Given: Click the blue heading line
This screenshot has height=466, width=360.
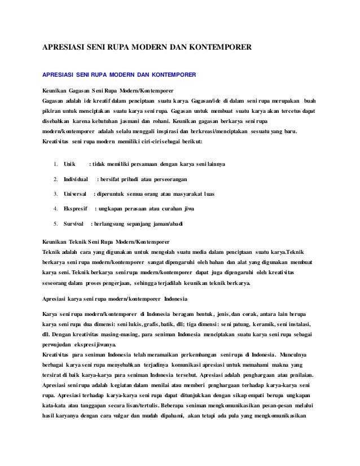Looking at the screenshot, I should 119,74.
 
